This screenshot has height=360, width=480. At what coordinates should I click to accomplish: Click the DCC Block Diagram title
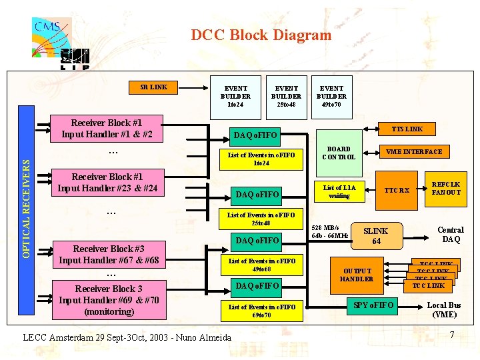[x=261, y=35]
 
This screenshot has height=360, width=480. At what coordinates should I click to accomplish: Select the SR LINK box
[x=154, y=87]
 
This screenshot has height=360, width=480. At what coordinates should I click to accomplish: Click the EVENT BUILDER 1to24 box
[x=235, y=96]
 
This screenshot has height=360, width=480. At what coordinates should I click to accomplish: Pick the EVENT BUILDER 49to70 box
[x=331, y=96]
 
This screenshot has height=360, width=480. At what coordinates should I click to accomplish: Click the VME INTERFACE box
[x=415, y=151]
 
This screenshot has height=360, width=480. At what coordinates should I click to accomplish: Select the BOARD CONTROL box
[x=338, y=153]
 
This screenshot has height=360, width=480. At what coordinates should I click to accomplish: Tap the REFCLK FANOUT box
[x=446, y=188]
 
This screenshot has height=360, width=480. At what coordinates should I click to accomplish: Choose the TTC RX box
[x=397, y=190]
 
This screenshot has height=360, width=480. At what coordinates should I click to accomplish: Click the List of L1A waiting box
[x=339, y=192]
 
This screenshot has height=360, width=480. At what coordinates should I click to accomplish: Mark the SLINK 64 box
[x=376, y=236]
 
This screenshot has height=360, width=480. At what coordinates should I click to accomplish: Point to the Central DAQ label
[x=451, y=235]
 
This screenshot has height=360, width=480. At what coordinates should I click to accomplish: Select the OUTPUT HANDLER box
[x=357, y=274]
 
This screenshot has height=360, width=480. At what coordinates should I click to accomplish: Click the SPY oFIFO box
[x=374, y=305]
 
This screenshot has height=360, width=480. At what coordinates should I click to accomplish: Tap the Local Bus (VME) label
[x=444, y=310]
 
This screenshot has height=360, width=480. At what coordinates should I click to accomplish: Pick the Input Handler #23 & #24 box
[x=107, y=183]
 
